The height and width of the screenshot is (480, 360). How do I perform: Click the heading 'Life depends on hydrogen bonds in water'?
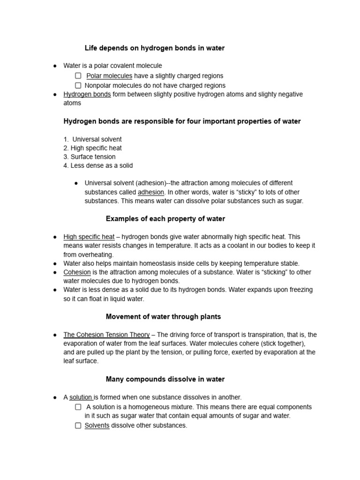pos(154,48)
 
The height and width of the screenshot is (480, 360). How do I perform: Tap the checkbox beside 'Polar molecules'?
pos(78,75)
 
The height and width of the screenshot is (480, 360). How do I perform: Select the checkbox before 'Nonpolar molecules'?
pos(78,85)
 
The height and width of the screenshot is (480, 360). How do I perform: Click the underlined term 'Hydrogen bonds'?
pos(87,94)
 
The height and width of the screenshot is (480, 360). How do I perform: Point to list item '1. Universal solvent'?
pos(92,139)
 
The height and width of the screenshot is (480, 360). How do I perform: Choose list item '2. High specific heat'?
pos(92,148)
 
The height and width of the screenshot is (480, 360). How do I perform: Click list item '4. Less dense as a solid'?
pos(98,165)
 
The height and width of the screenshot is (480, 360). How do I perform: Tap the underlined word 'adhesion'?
pos(150,192)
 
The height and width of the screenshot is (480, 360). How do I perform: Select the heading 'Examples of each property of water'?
pos(165,219)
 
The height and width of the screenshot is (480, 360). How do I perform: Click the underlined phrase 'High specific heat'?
pos(89,237)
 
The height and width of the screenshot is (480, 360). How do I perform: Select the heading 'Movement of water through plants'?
pos(163,317)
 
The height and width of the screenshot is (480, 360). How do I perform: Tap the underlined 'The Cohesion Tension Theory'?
pos(106,335)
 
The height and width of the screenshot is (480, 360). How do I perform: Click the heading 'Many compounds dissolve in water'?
pos(165,379)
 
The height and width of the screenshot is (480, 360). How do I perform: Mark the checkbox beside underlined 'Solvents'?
pos(78,425)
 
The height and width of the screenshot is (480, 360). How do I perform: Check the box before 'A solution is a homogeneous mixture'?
pos(78,407)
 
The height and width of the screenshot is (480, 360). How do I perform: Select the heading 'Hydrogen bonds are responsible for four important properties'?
pos(182,121)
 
